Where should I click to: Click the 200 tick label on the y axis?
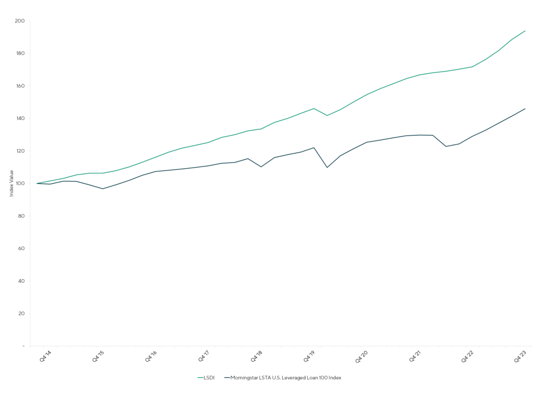coord(19,21)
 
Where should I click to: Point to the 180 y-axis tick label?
coord(19,54)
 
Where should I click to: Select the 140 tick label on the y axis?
coord(19,118)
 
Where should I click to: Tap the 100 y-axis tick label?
coord(19,183)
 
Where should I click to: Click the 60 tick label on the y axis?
coord(20,249)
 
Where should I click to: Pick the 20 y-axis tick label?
coord(20,313)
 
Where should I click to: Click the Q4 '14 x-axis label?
coord(46,356)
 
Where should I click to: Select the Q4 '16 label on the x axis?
coord(151,356)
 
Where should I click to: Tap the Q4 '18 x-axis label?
coord(257,356)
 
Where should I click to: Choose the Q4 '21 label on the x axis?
coord(416,356)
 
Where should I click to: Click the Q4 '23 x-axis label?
coord(521,356)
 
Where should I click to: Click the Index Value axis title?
coord(12,183)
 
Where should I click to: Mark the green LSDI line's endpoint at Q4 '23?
coord(525,30)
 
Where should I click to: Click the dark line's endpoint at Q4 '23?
coord(525,109)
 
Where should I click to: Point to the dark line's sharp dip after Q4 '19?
coord(327,167)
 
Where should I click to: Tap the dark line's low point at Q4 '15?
coord(103,189)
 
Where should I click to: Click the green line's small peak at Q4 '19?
coord(314,108)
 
